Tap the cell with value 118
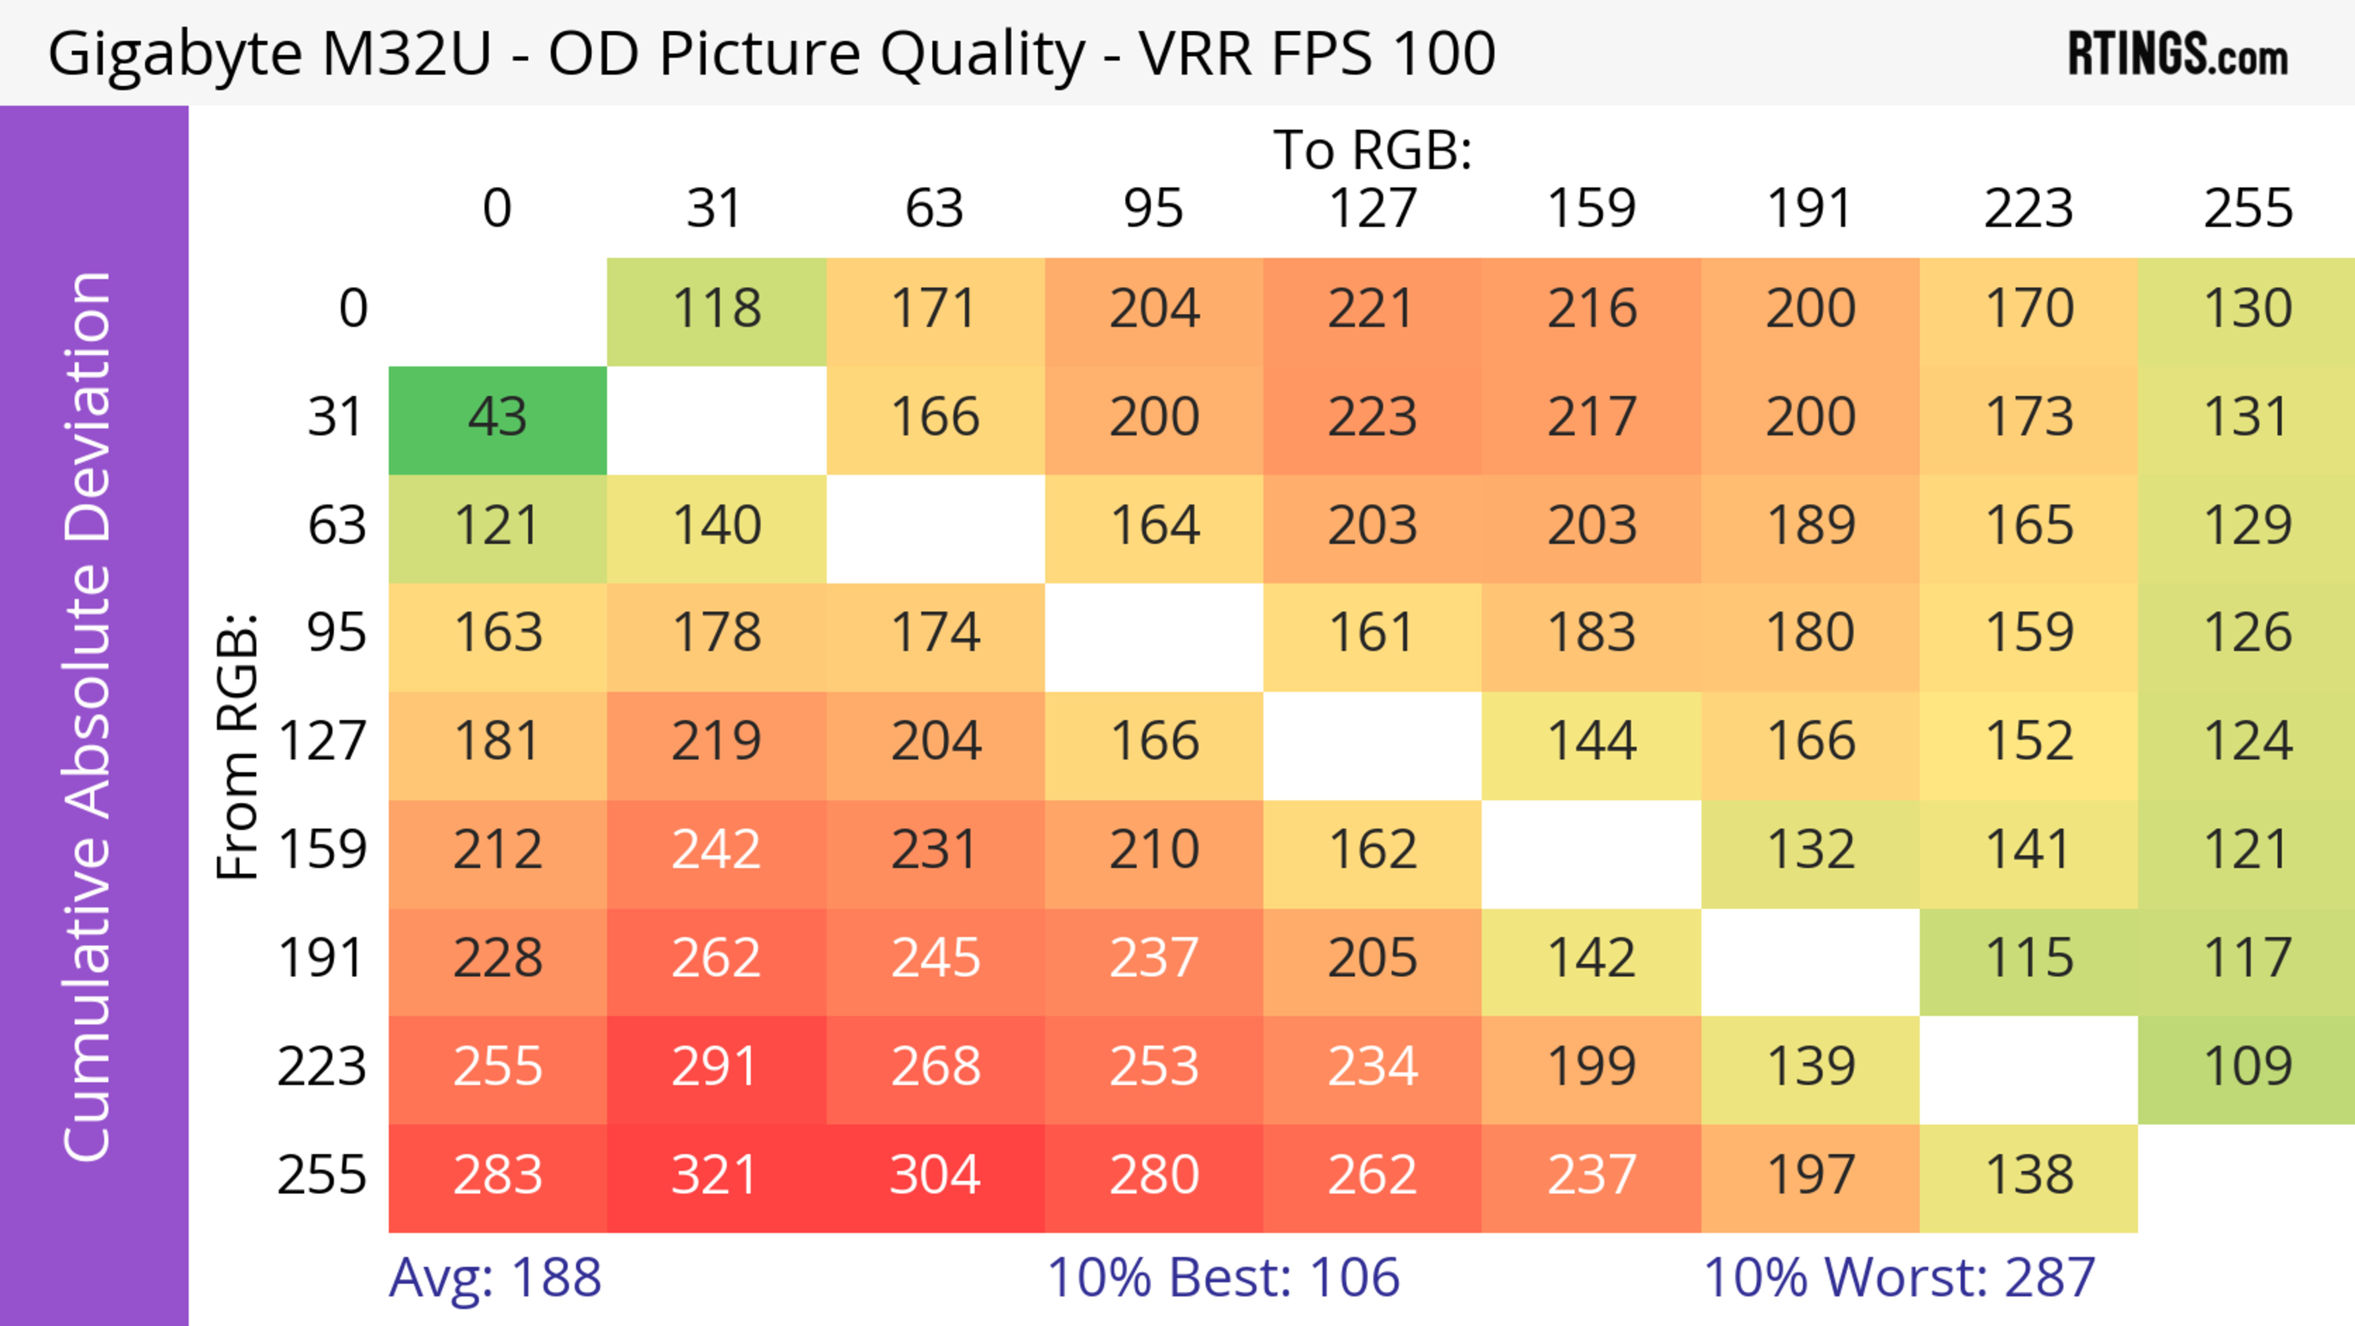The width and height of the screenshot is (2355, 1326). (716, 310)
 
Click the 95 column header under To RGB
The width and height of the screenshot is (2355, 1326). (1153, 209)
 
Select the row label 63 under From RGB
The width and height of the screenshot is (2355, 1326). (337, 526)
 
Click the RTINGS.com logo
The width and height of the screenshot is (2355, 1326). (2178, 55)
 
